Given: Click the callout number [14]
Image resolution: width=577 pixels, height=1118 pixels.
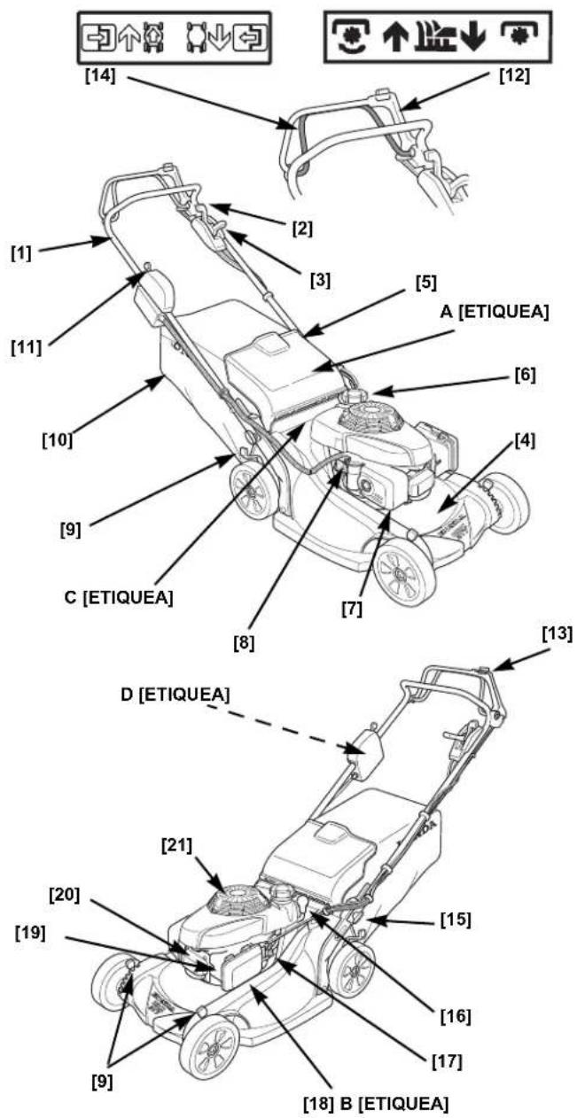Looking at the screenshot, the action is click(x=100, y=76).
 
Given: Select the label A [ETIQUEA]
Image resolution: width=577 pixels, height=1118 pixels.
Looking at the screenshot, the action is click(x=494, y=312).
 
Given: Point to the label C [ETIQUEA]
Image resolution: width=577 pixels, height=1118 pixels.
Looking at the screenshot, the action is click(x=119, y=597).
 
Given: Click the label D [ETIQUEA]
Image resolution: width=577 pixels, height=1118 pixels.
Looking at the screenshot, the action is click(x=175, y=695).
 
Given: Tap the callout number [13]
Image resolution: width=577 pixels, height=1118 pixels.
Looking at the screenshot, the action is click(x=557, y=634).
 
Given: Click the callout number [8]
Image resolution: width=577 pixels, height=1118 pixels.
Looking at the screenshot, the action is click(x=244, y=643).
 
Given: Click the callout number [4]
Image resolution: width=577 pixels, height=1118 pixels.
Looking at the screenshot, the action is click(x=524, y=440).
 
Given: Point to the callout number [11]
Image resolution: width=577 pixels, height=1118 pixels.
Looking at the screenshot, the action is click(x=27, y=347).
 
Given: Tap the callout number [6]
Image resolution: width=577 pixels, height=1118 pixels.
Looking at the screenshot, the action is click(x=525, y=375).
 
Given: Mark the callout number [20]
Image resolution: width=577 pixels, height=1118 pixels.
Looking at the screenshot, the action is click(x=64, y=895).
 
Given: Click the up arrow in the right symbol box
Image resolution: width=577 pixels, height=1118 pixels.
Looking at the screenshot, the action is click(x=396, y=38).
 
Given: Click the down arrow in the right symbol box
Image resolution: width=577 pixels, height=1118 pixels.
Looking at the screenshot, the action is click(x=472, y=38).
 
